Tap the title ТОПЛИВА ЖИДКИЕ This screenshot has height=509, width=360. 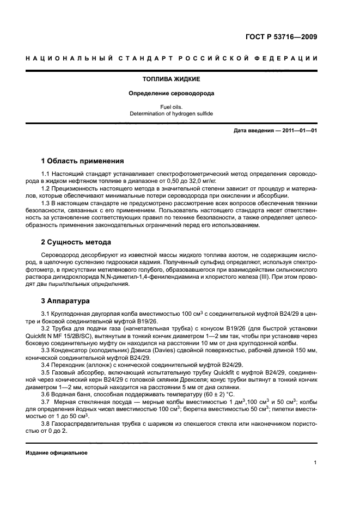[171, 79]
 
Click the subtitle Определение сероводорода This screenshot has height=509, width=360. [171, 94]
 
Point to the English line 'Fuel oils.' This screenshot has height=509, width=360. [171, 107]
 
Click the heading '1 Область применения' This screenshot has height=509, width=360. [82, 161]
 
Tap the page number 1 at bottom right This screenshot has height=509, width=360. [315, 463]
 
